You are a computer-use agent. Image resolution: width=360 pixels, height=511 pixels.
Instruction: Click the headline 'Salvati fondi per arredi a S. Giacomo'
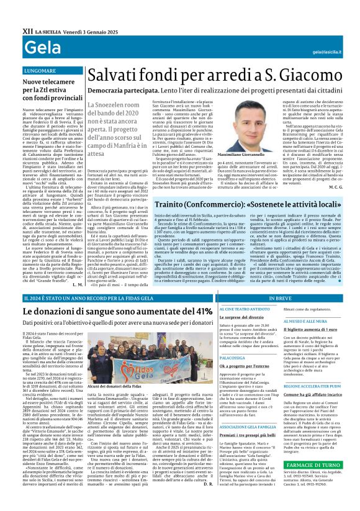tap(216, 75)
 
